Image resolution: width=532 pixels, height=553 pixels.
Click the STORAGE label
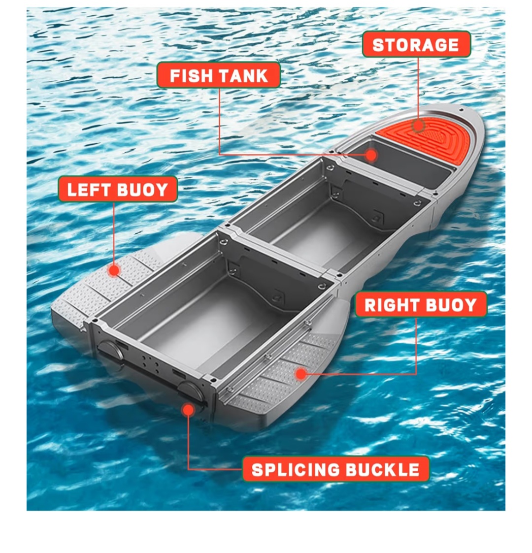pos(416,44)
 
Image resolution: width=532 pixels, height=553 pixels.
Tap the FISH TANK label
pos(219,75)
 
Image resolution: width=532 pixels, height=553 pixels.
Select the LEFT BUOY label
pos(117,190)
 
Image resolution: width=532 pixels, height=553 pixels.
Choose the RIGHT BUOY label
pos(421,305)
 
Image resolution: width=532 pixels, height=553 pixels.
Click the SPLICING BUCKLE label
pos(335,469)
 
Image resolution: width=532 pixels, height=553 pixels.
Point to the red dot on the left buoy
pos(114,270)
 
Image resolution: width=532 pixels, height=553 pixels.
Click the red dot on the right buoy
pos(300,374)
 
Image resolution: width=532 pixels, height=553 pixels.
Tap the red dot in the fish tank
pos(371,155)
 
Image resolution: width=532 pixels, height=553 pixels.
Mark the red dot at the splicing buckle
pos(189,410)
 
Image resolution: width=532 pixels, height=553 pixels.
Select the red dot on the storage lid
pos(418,126)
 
